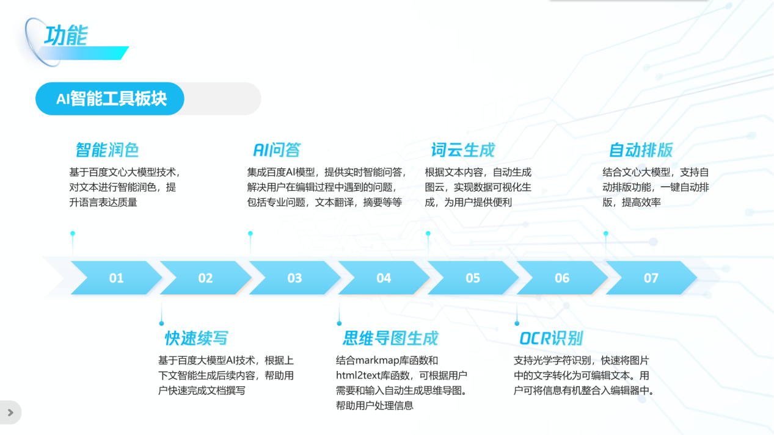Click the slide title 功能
[66, 35]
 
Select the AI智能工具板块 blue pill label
[111, 99]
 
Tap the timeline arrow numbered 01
[116, 278]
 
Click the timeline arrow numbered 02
[205, 278]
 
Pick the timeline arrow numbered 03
[294, 278]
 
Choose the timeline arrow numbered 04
[384, 278]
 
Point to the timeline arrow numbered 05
[473, 278]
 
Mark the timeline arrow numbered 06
[562, 278]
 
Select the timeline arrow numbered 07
[651, 278]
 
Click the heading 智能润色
[108, 149]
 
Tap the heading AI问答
[277, 149]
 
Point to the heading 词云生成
[462, 149]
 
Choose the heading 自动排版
[640, 149]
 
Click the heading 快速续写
[196, 338]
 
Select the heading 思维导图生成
[390, 338]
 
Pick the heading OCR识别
[551, 338]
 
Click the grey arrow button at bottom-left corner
[10, 412]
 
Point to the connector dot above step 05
[428, 234]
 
